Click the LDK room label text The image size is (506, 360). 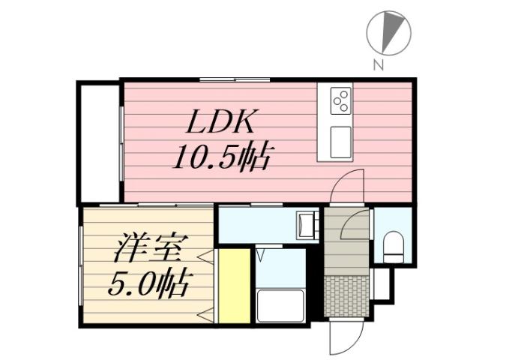coord(223,122)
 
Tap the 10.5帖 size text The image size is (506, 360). coord(223,157)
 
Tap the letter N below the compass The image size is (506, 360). coord(379,65)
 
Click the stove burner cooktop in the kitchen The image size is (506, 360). coord(341,100)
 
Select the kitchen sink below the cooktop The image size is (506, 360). coord(341,141)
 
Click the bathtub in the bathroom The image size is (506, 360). coord(280,304)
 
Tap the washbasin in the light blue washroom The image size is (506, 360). coord(306,225)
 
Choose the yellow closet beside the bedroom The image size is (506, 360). coord(232,286)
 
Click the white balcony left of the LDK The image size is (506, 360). coord(99,142)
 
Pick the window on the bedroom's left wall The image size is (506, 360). coord(80,265)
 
